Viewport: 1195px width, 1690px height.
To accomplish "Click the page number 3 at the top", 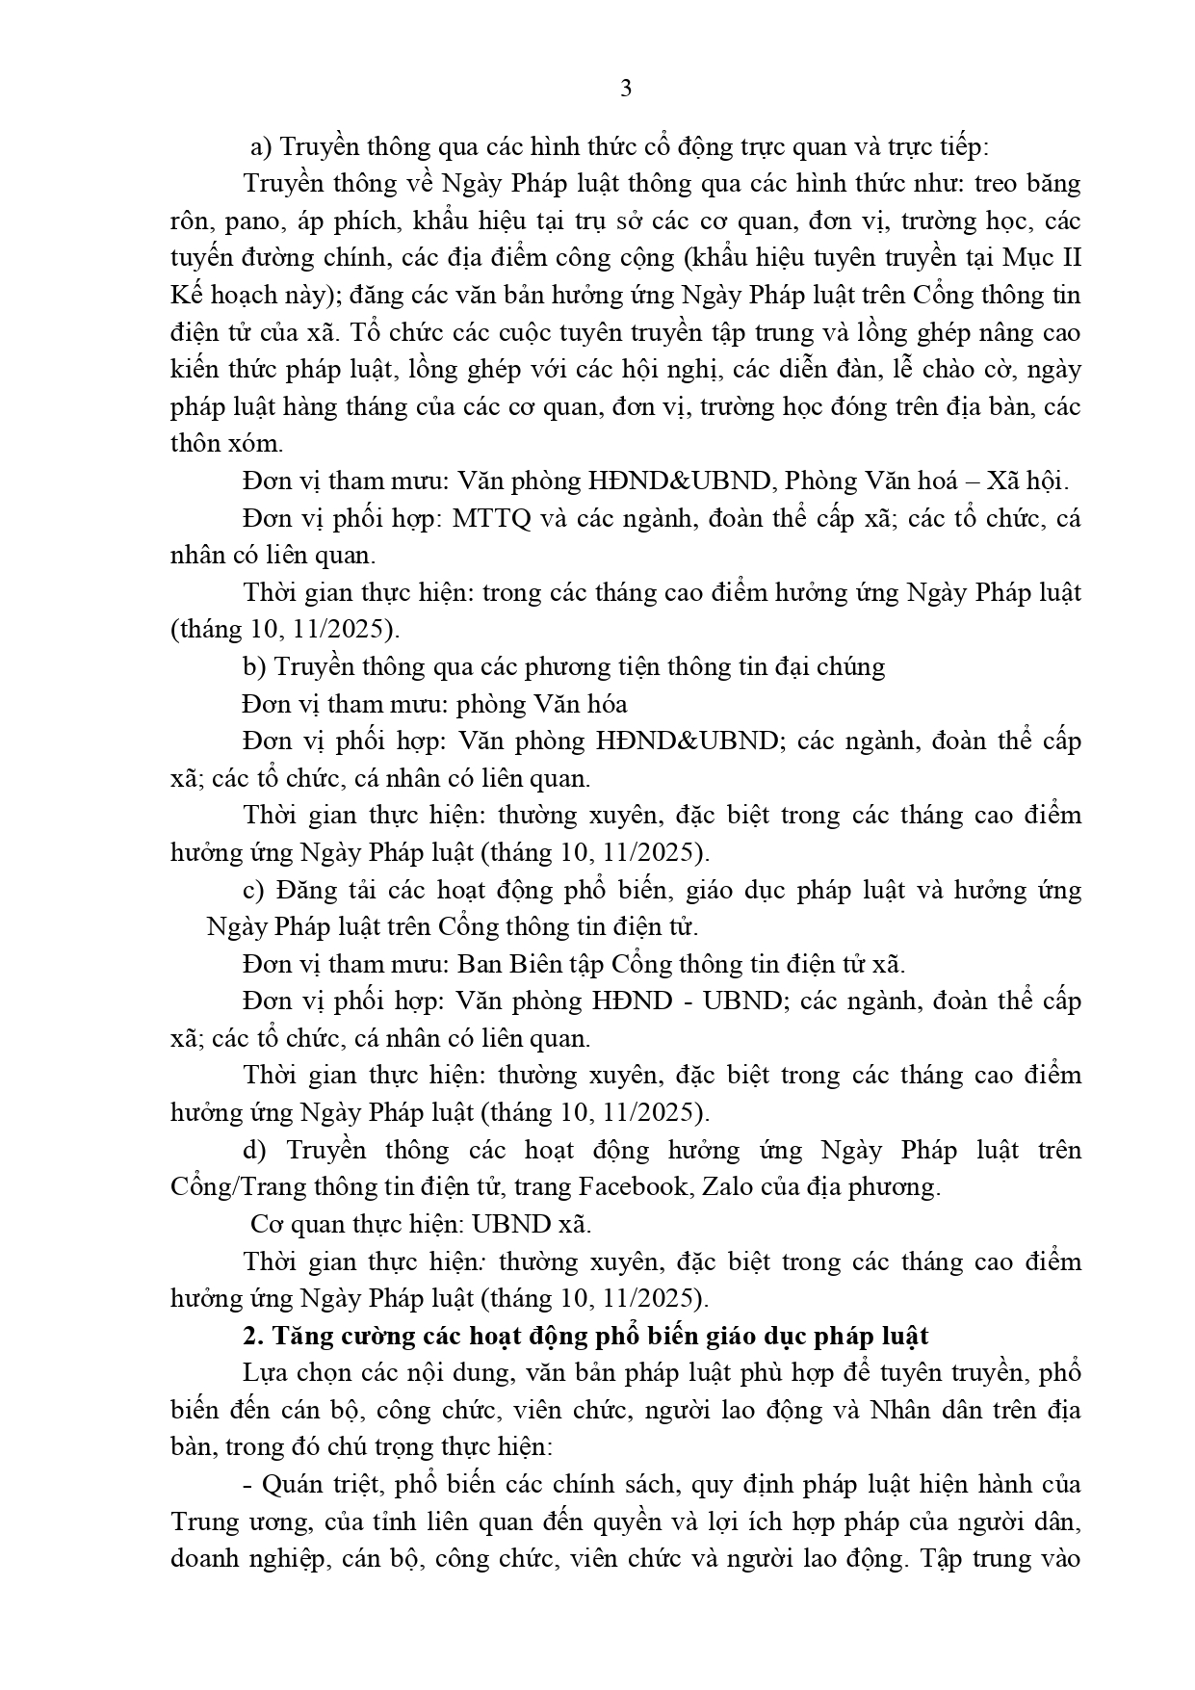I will [x=626, y=90].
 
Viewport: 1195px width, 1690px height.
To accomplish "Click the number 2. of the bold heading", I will [x=252, y=1337].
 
